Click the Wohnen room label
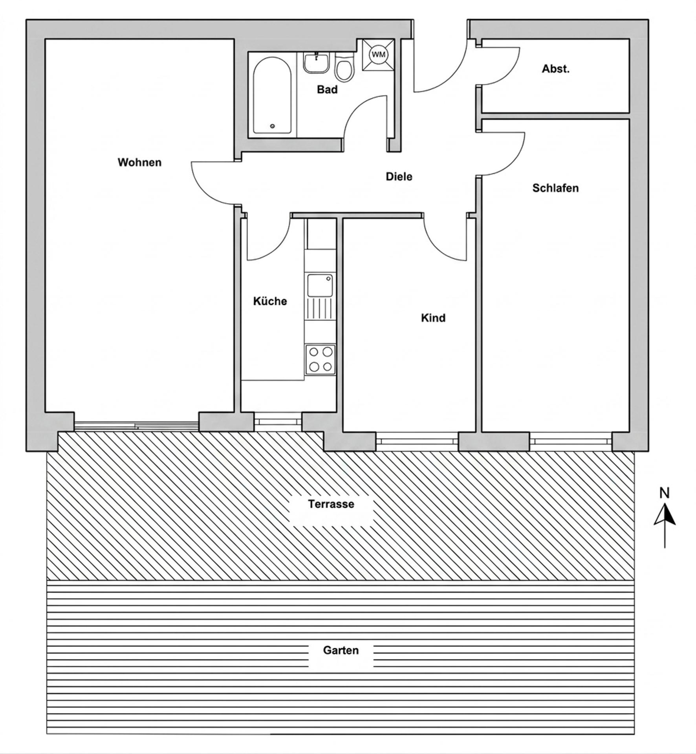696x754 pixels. [139, 162]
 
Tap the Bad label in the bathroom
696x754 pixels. [327, 90]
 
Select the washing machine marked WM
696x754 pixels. [378, 54]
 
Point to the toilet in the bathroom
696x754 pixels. [344, 69]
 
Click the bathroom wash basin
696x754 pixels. [316, 63]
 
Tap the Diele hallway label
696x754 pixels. [399, 177]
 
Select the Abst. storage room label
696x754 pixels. [555, 69]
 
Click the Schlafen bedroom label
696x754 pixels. [555, 188]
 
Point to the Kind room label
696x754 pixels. [433, 318]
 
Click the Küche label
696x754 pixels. [270, 301]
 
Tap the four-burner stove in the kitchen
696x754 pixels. [321, 360]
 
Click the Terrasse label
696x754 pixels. [331, 504]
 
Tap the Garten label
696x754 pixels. [341, 650]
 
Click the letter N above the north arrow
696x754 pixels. [664, 493]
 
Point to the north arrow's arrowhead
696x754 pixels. [665, 515]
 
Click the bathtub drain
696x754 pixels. [272, 126]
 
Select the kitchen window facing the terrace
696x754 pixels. [278, 421]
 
